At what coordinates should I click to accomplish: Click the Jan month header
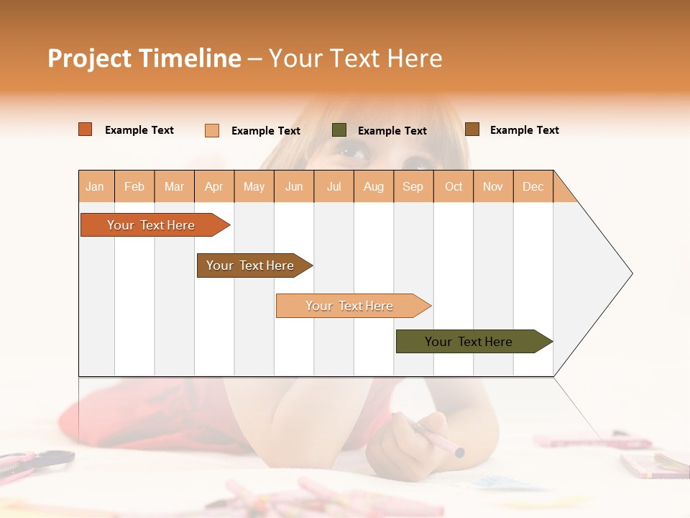[x=95, y=186]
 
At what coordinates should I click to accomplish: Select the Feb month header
[x=134, y=186]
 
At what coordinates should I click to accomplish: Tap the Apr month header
[x=214, y=186]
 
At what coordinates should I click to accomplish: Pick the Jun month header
[x=294, y=186]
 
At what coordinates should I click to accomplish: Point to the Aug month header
[x=373, y=186]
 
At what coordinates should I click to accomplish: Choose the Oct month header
[x=454, y=186]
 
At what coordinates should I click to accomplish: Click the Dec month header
[x=533, y=186]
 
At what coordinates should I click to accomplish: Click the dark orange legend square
[x=86, y=129]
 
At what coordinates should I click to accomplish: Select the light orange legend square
[x=212, y=130]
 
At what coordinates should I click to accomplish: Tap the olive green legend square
[x=339, y=130]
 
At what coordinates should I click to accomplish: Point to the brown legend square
[x=472, y=129]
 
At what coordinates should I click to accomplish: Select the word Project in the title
[x=89, y=58]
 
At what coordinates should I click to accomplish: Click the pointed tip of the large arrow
[x=630, y=273]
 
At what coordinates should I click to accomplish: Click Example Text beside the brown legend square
[x=524, y=130]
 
